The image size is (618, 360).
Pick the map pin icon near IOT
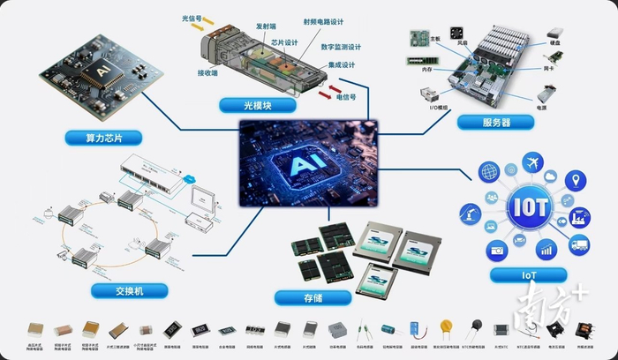tap(573, 182)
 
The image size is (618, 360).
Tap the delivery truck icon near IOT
tap(579, 246)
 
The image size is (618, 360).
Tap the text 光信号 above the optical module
tap(192, 17)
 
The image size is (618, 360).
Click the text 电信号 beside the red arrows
tap(349, 98)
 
